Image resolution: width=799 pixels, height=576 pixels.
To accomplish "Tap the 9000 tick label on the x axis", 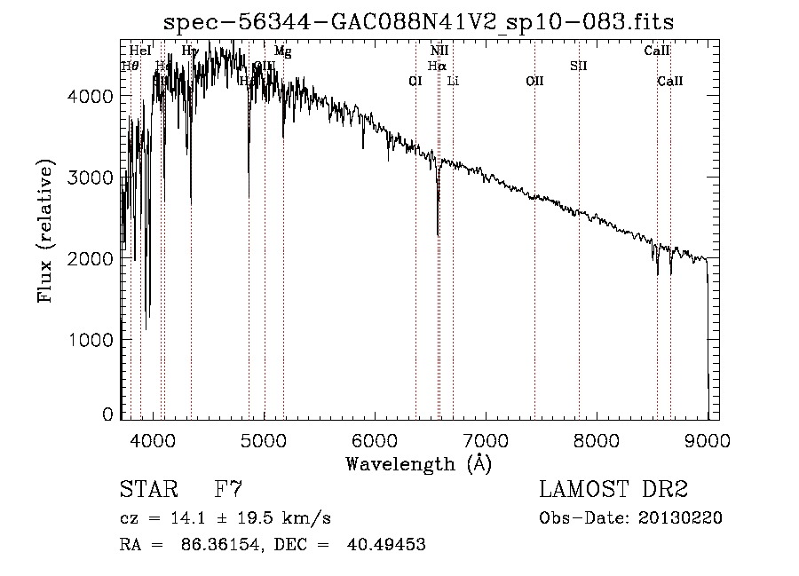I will [x=708, y=438].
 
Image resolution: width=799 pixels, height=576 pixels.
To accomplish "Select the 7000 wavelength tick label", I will [x=487, y=438].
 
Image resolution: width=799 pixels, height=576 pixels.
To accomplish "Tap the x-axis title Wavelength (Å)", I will [x=418, y=463].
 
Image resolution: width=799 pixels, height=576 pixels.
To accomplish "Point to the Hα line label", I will [x=436, y=66].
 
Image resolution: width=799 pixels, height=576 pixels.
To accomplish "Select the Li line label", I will [x=453, y=81].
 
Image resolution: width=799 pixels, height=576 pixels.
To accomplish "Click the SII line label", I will [x=579, y=66].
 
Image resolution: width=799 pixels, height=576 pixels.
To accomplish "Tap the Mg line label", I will [x=282, y=51].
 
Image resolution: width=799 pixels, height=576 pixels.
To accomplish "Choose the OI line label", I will [x=415, y=81].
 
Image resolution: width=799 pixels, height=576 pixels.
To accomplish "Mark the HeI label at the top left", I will [x=139, y=51].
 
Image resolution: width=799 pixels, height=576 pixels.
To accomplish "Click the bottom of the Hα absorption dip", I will [x=438, y=234].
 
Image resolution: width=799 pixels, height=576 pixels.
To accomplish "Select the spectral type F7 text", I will [x=229, y=489].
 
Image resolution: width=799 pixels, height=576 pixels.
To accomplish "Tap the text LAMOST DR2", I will [x=613, y=489].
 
